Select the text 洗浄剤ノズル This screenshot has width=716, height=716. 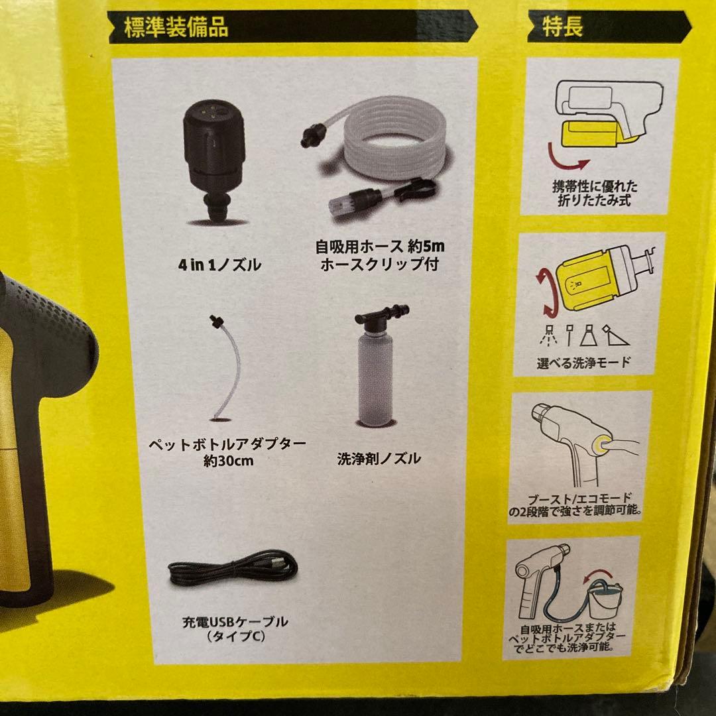coord(379,459)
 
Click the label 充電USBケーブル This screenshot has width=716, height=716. coord(236,622)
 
